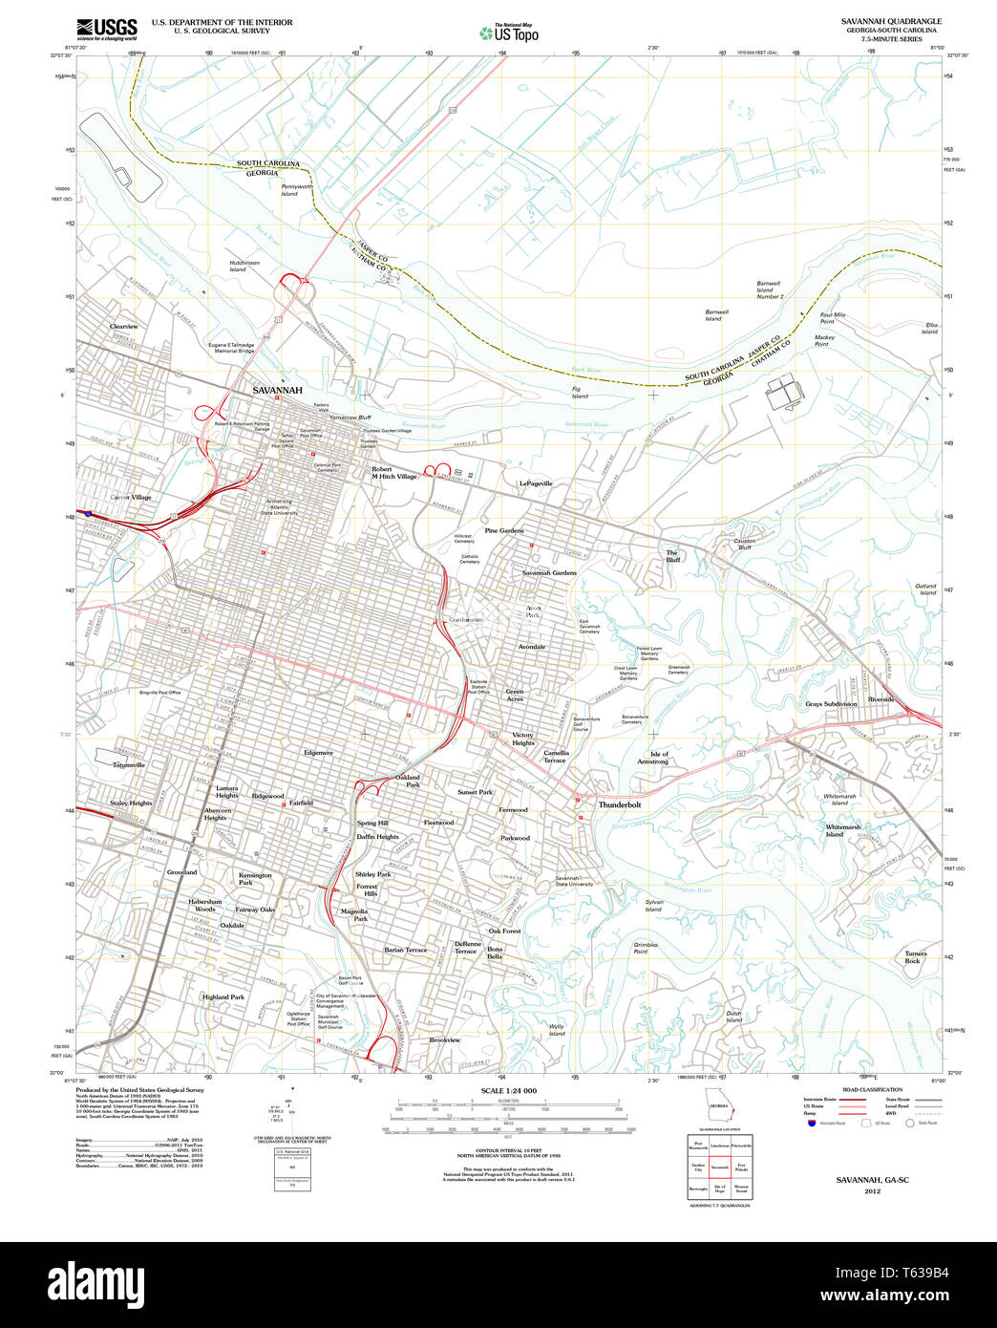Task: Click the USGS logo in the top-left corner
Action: [x=106, y=28]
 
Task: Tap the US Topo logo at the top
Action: [x=509, y=33]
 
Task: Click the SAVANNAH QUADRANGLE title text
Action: [x=891, y=21]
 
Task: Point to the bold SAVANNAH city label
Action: [x=277, y=391]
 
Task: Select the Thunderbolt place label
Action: [x=620, y=804]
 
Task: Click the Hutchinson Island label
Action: [x=244, y=266]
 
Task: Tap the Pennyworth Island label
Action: [x=296, y=190]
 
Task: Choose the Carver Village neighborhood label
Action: [x=131, y=498]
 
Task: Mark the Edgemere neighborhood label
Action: [x=318, y=753]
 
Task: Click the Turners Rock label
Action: [x=916, y=957]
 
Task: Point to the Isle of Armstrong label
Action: [x=653, y=758]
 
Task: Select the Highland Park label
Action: [x=223, y=996]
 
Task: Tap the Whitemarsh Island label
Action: [x=843, y=830]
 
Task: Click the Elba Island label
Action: [x=930, y=328]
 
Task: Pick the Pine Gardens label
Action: [x=504, y=530]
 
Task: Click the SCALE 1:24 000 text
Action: [x=509, y=1091]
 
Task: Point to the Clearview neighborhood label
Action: [x=123, y=327]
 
